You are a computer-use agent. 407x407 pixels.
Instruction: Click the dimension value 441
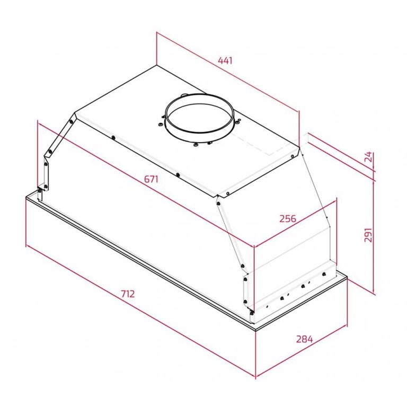[225, 60]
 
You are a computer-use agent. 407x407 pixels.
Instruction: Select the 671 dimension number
[151, 179]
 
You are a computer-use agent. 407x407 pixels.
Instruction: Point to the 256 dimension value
[287, 218]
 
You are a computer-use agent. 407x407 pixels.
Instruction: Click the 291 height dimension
[369, 235]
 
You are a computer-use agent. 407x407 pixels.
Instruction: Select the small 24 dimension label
[369, 157]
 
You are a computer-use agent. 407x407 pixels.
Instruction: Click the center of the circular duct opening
[199, 117]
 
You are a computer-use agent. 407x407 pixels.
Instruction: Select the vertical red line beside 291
[375, 236]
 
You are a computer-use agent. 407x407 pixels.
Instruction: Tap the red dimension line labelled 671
[146, 185]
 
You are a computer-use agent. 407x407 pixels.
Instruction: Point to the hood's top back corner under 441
[157, 67]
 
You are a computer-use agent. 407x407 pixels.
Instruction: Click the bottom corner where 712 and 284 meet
[256, 378]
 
